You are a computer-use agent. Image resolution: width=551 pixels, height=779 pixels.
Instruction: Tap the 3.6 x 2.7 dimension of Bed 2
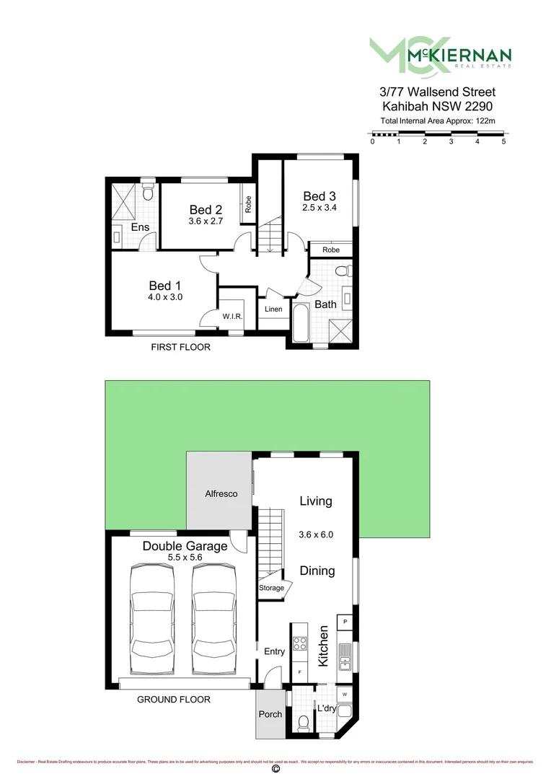click(x=204, y=221)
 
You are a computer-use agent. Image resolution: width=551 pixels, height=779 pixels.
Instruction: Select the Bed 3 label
click(x=319, y=196)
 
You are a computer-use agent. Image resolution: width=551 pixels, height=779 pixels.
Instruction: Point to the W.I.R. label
click(x=232, y=315)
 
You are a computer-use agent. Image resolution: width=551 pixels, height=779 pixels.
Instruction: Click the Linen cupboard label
click(x=273, y=309)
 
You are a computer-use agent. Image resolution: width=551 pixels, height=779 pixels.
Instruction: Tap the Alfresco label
click(x=221, y=494)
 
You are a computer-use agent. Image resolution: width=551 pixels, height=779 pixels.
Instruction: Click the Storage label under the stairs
click(x=271, y=588)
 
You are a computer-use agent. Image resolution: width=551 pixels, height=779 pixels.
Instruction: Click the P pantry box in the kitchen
click(x=345, y=621)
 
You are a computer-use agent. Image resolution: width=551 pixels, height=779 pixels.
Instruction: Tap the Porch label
click(x=270, y=714)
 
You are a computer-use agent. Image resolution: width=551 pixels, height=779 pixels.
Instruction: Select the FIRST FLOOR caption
click(x=180, y=348)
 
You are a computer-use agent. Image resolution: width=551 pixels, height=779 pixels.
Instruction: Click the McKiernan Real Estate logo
click(x=440, y=55)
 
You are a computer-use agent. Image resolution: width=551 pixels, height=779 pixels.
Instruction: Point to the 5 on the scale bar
click(x=503, y=141)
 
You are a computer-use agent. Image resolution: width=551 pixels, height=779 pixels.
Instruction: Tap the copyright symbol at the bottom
click(x=275, y=770)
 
